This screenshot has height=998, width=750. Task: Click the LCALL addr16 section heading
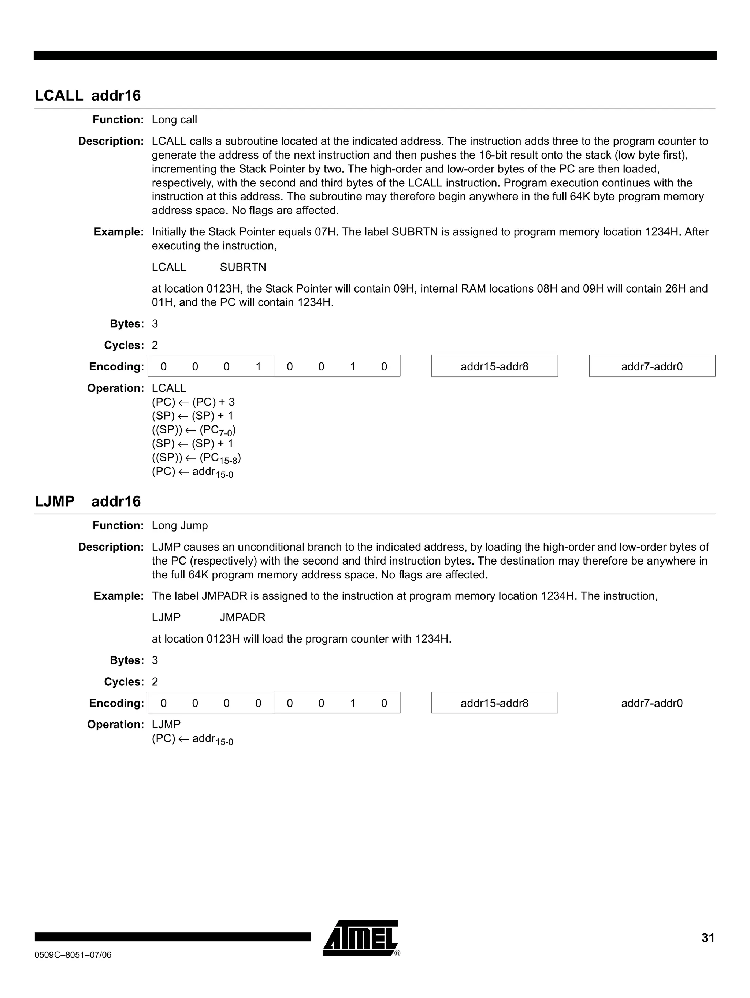pos(88,96)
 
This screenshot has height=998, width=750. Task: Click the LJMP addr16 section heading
pos(88,501)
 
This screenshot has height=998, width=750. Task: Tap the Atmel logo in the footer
pos(361,938)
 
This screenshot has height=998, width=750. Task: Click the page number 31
pos(708,938)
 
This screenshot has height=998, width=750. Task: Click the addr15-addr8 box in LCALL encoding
pos(494,366)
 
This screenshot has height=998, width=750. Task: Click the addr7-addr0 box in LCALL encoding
pos(651,366)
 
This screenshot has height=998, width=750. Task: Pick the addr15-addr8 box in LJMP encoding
pos(494,703)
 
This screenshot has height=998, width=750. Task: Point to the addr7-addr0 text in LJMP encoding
pos(651,703)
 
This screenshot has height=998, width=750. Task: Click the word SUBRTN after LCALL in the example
pos(243,267)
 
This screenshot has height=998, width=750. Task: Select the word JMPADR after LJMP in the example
pos(242,617)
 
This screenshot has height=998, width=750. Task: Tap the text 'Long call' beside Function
pos(174,120)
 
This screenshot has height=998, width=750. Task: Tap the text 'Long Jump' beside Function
pos(179,526)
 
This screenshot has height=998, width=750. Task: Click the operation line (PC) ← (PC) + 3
pos(193,402)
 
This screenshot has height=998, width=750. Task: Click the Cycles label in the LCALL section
pos(123,345)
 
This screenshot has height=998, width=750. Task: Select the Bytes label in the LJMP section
pos(126,660)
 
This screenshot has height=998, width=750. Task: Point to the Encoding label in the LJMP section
pos(116,703)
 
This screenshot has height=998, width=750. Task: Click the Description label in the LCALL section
pos(111,141)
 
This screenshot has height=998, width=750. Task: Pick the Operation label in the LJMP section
pos(115,725)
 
